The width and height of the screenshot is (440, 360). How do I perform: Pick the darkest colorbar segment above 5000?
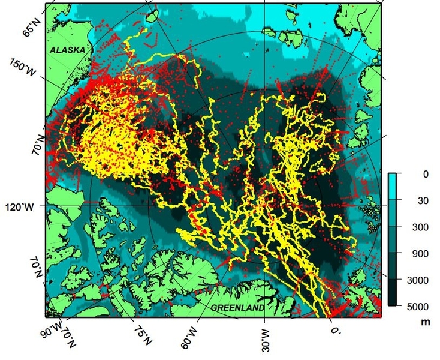pyautogui.click(x=393, y=293)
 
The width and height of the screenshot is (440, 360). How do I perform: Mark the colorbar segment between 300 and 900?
pyautogui.click(x=393, y=240)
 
